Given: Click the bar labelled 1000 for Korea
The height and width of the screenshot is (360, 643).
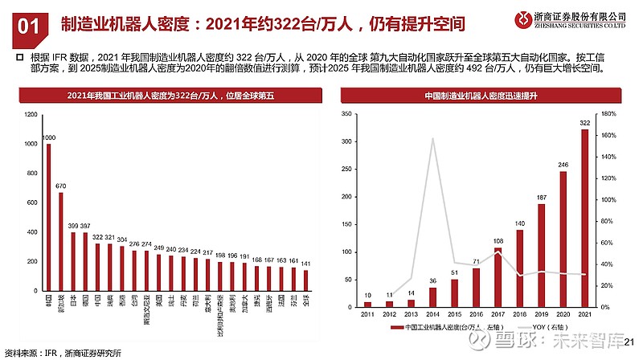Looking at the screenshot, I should point(48,217).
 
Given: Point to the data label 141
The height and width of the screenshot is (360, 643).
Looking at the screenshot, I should point(305,263).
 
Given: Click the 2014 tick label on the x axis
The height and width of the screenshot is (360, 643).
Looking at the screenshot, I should point(432,315).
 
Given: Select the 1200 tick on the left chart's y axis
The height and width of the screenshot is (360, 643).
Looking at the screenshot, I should point(31,114).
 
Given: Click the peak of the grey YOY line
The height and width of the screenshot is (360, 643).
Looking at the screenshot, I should point(432,138).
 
